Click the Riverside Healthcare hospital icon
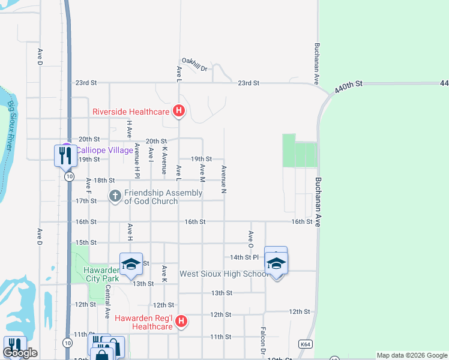pos(178,111)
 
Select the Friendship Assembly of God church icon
pos(115,196)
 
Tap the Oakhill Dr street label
pos(194,68)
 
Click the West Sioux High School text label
pos(224,274)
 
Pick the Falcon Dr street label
pos(263,340)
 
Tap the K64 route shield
pos(306,344)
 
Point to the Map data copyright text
pos(412,355)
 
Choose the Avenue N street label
pos(224,179)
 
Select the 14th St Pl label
pos(244,257)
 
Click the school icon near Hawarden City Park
pos(131,264)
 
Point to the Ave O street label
pos(251,239)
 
